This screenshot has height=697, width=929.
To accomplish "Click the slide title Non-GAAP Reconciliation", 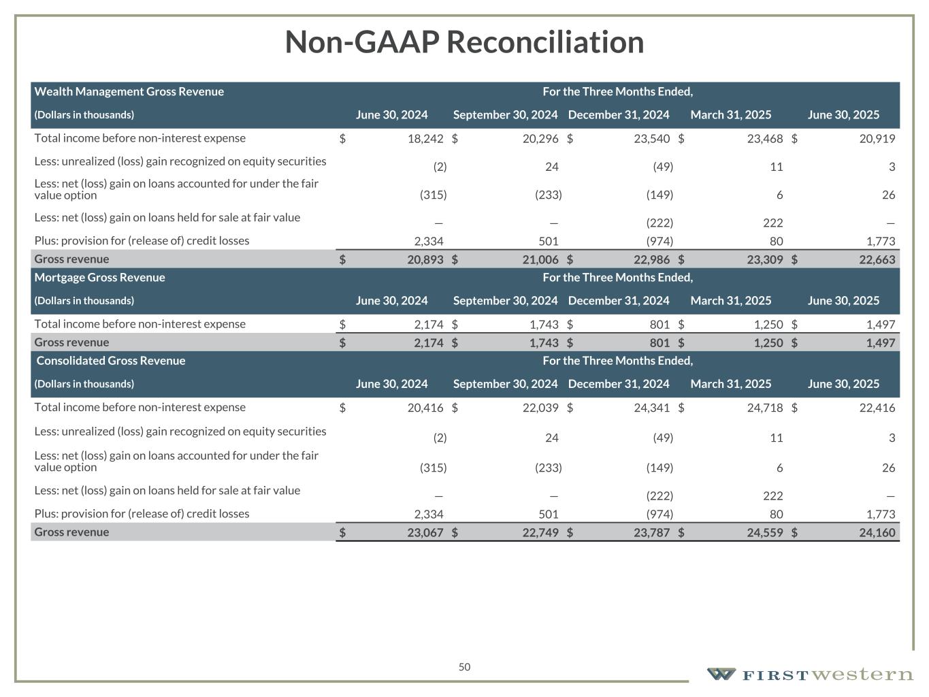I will tap(464, 42).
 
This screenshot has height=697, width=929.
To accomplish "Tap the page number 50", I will tap(464, 667).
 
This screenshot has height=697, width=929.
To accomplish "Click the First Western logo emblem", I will tap(721, 675).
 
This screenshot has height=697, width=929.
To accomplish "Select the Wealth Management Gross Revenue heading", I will tap(129, 92).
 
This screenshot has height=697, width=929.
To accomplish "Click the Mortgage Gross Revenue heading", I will tap(100, 278).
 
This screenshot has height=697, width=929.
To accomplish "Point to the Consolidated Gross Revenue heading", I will tap(111, 361).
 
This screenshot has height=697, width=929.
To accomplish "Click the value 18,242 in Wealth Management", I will tap(425, 139).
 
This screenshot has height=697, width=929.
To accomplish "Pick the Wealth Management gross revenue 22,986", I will tap(651, 259).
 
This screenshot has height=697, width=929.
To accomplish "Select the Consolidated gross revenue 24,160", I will tap(877, 533).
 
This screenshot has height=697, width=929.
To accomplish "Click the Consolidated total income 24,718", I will tap(765, 408).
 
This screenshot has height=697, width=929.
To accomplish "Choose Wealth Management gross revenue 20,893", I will tap(425, 259).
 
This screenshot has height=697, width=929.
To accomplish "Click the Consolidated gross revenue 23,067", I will tap(425, 533).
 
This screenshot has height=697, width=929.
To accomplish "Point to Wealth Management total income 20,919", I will tap(877, 139).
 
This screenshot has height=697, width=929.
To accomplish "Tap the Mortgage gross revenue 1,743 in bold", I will tap(544, 343).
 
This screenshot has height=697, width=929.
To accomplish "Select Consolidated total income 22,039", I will tap(540, 408).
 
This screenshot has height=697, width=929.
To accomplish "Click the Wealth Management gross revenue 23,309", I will tap(765, 259).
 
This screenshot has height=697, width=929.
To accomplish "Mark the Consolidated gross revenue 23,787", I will tap(651, 533).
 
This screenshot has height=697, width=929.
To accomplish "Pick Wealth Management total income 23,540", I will tap(651, 139).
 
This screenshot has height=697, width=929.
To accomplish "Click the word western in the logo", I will tap(863, 675).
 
